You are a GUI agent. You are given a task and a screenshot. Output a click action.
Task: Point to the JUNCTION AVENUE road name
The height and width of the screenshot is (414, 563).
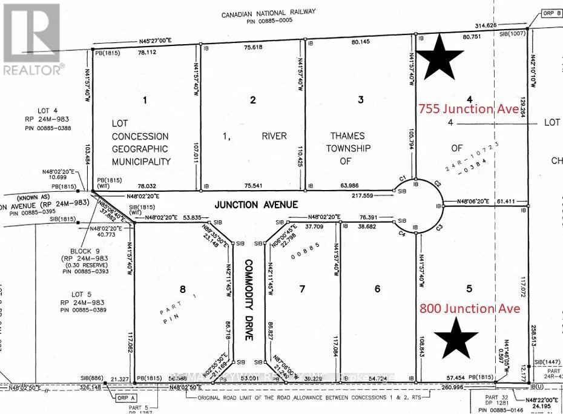click(257, 205)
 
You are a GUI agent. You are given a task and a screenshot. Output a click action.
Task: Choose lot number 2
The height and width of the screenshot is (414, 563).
click(253, 100)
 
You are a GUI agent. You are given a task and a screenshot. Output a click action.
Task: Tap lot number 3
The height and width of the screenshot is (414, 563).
click(360, 100)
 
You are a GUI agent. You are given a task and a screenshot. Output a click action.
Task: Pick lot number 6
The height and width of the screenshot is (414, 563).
click(378, 289)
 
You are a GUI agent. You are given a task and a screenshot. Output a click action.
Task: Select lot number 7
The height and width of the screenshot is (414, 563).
click(303, 289)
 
